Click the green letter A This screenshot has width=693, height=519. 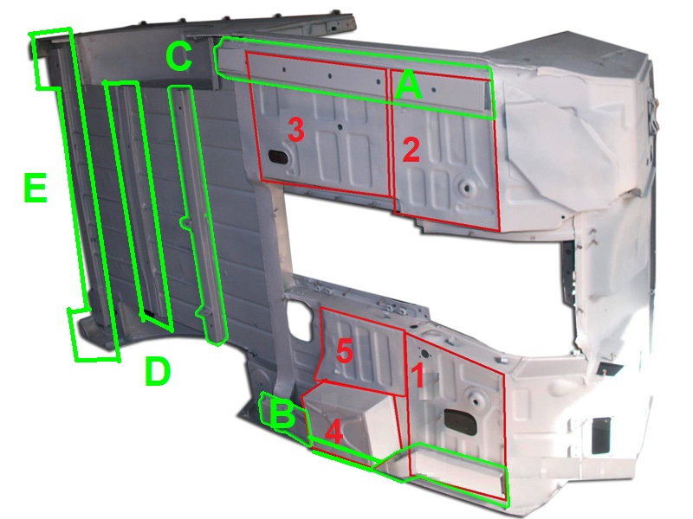click(x=409, y=86)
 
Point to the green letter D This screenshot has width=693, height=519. click(x=158, y=371)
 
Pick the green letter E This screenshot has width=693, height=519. click(x=36, y=188)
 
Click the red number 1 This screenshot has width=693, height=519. click(x=418, y=375)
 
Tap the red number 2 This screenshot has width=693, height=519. click(x=411, y=149)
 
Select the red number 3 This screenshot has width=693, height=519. click(x=295, y=130)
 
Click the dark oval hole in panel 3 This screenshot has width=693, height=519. click(x=277, y=156)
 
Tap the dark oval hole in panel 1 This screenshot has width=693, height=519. click(x=460, y=419)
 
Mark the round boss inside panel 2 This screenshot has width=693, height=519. click(x=466, y=188)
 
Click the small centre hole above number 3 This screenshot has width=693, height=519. click(x=339, y=127)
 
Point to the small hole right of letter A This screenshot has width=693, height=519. click(x=434, y=90)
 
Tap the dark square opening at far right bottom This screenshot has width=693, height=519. click(x=601, y=435)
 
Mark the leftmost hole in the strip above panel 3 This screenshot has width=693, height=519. click(x=284, y=69)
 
